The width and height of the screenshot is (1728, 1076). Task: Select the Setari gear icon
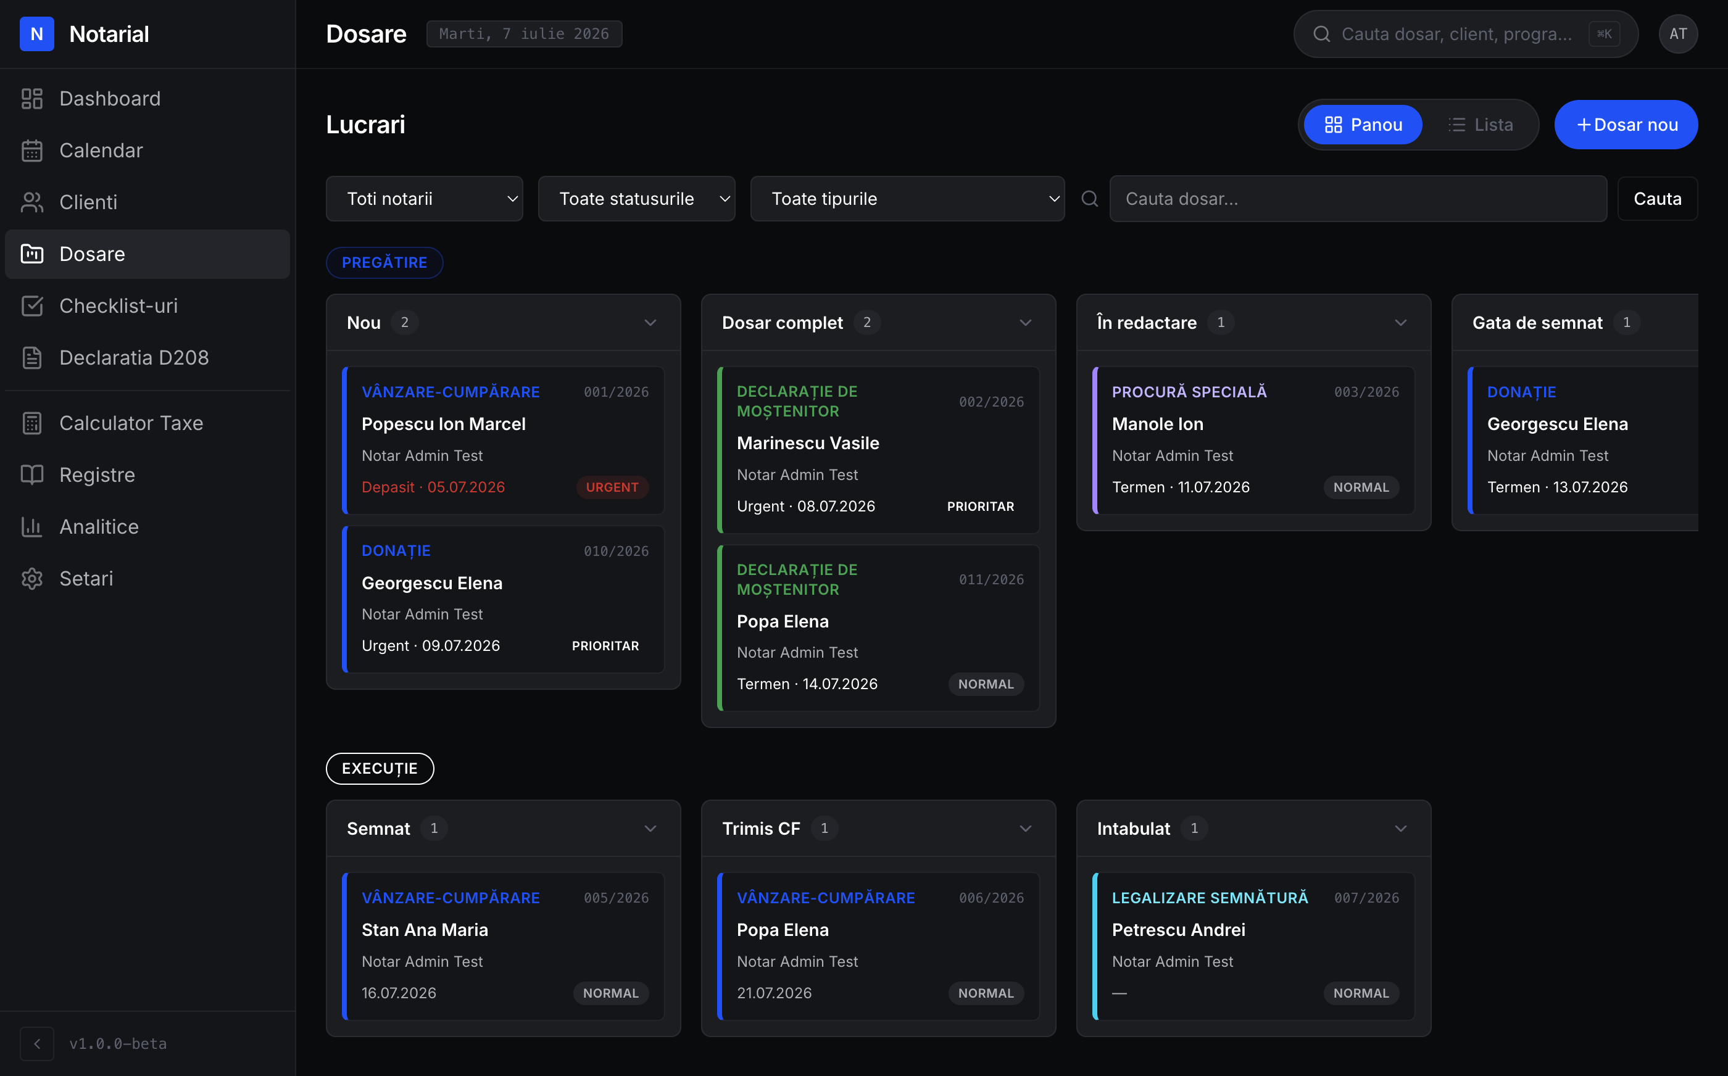click(32, 579)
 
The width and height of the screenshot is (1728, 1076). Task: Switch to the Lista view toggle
click(1481, 125)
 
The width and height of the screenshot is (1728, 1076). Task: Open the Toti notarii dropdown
click(424, 199)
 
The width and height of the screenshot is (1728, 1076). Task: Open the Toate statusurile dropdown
click(636, 199)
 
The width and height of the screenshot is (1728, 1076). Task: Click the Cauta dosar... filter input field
click(1358, 199)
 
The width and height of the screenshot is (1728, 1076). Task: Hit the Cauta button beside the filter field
click(1658, 199)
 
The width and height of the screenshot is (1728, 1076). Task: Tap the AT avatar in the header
click(1678, 33)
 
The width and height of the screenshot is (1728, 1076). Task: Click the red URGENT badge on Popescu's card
click(612, 487)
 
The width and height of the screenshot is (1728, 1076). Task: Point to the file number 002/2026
click(991, 402)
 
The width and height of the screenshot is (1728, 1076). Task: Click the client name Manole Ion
click(1157, 423)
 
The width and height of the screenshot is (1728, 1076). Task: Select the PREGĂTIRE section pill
click(384, 263)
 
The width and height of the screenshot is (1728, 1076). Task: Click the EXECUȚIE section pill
click(380, 769)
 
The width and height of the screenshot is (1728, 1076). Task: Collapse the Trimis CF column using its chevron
click(1026, 829)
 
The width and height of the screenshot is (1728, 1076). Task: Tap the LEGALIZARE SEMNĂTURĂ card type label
click(1210, 898)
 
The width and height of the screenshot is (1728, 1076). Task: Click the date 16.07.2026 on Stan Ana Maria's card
click(399, 993)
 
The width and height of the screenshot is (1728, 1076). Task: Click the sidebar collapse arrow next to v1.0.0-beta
click(37, 1043)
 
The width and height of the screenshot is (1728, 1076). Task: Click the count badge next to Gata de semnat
click(1626, 323)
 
